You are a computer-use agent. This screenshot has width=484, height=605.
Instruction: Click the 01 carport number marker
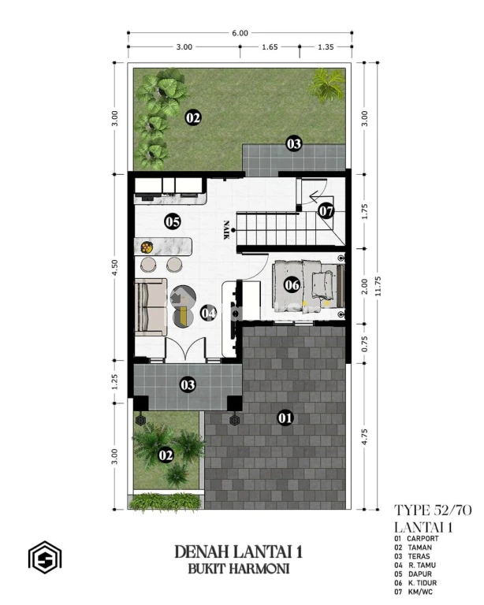point(285,418)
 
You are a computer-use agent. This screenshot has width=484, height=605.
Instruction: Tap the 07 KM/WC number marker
point(326,211)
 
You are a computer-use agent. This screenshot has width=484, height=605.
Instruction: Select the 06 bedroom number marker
point(292,284)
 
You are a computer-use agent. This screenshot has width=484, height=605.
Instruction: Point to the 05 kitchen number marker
point(173,222)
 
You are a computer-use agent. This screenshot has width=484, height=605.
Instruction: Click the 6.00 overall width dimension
point(240,33)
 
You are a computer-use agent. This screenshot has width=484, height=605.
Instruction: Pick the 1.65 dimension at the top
point(270,47)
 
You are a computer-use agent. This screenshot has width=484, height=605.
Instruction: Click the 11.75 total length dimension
point(378,286)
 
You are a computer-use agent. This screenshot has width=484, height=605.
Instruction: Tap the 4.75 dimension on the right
point(364,436)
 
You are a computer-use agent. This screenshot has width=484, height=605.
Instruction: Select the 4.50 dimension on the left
point(114,267)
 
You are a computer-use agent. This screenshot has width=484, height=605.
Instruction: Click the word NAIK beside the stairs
point(226,230)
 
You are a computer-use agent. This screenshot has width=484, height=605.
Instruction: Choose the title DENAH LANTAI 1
point(239,551)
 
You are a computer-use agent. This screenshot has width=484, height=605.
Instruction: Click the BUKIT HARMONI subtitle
point(239,569)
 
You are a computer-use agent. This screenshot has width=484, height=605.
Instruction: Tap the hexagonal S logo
point(45,557)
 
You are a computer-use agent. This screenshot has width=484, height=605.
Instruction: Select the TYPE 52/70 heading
point(433,510)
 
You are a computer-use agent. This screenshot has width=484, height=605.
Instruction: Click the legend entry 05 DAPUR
point(413,574)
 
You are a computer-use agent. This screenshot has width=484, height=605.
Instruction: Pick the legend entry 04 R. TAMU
point(415,566)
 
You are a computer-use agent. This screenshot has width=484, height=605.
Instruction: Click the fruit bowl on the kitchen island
point(147,247)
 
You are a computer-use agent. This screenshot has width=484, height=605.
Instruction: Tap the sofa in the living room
point(151,307)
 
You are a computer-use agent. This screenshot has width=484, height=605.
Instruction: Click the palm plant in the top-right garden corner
point(326,85)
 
